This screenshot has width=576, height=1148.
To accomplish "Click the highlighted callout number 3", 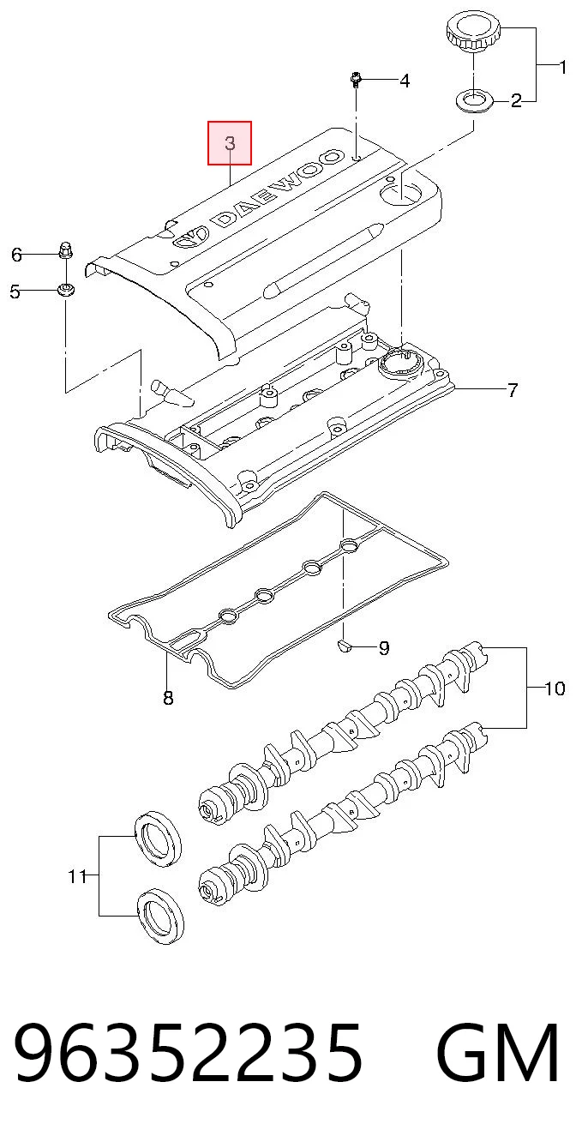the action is [x=230, y=143].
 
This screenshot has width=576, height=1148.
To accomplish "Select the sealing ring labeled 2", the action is [x=473, y=99].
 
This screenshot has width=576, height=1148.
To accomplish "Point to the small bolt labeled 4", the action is [x=356, y=80].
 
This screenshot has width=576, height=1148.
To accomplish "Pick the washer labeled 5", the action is [x=65, y=290].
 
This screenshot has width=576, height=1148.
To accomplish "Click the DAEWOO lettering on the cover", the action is [x=277, y=189].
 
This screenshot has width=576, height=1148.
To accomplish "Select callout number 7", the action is [x=512, y=390].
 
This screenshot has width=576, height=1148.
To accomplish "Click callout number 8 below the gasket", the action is [x=168, y=698].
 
